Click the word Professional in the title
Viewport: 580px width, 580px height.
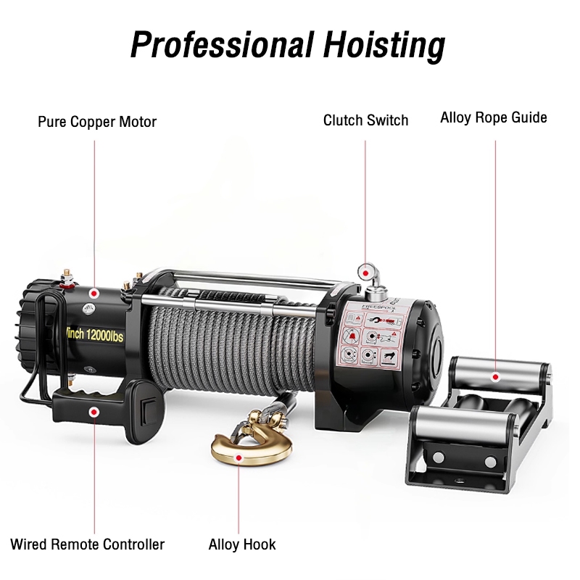(x=217, y=45)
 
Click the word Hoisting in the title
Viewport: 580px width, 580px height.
(x=381, y=45)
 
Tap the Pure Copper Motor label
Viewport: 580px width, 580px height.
(x=97, y=122)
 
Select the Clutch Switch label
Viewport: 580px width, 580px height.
(x=365, y=120)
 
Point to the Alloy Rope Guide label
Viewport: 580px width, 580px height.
(x=494, y=117)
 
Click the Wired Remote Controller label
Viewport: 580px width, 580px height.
(x=88, y=544)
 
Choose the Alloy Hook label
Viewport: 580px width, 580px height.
(x=242, y=544)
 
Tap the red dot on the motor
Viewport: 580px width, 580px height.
(x=94, y=294)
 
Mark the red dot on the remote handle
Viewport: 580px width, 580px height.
(x=94, y=412)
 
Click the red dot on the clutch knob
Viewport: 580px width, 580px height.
(x=365, y=270)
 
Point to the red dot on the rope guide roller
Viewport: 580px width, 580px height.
(x=495, y=377)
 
